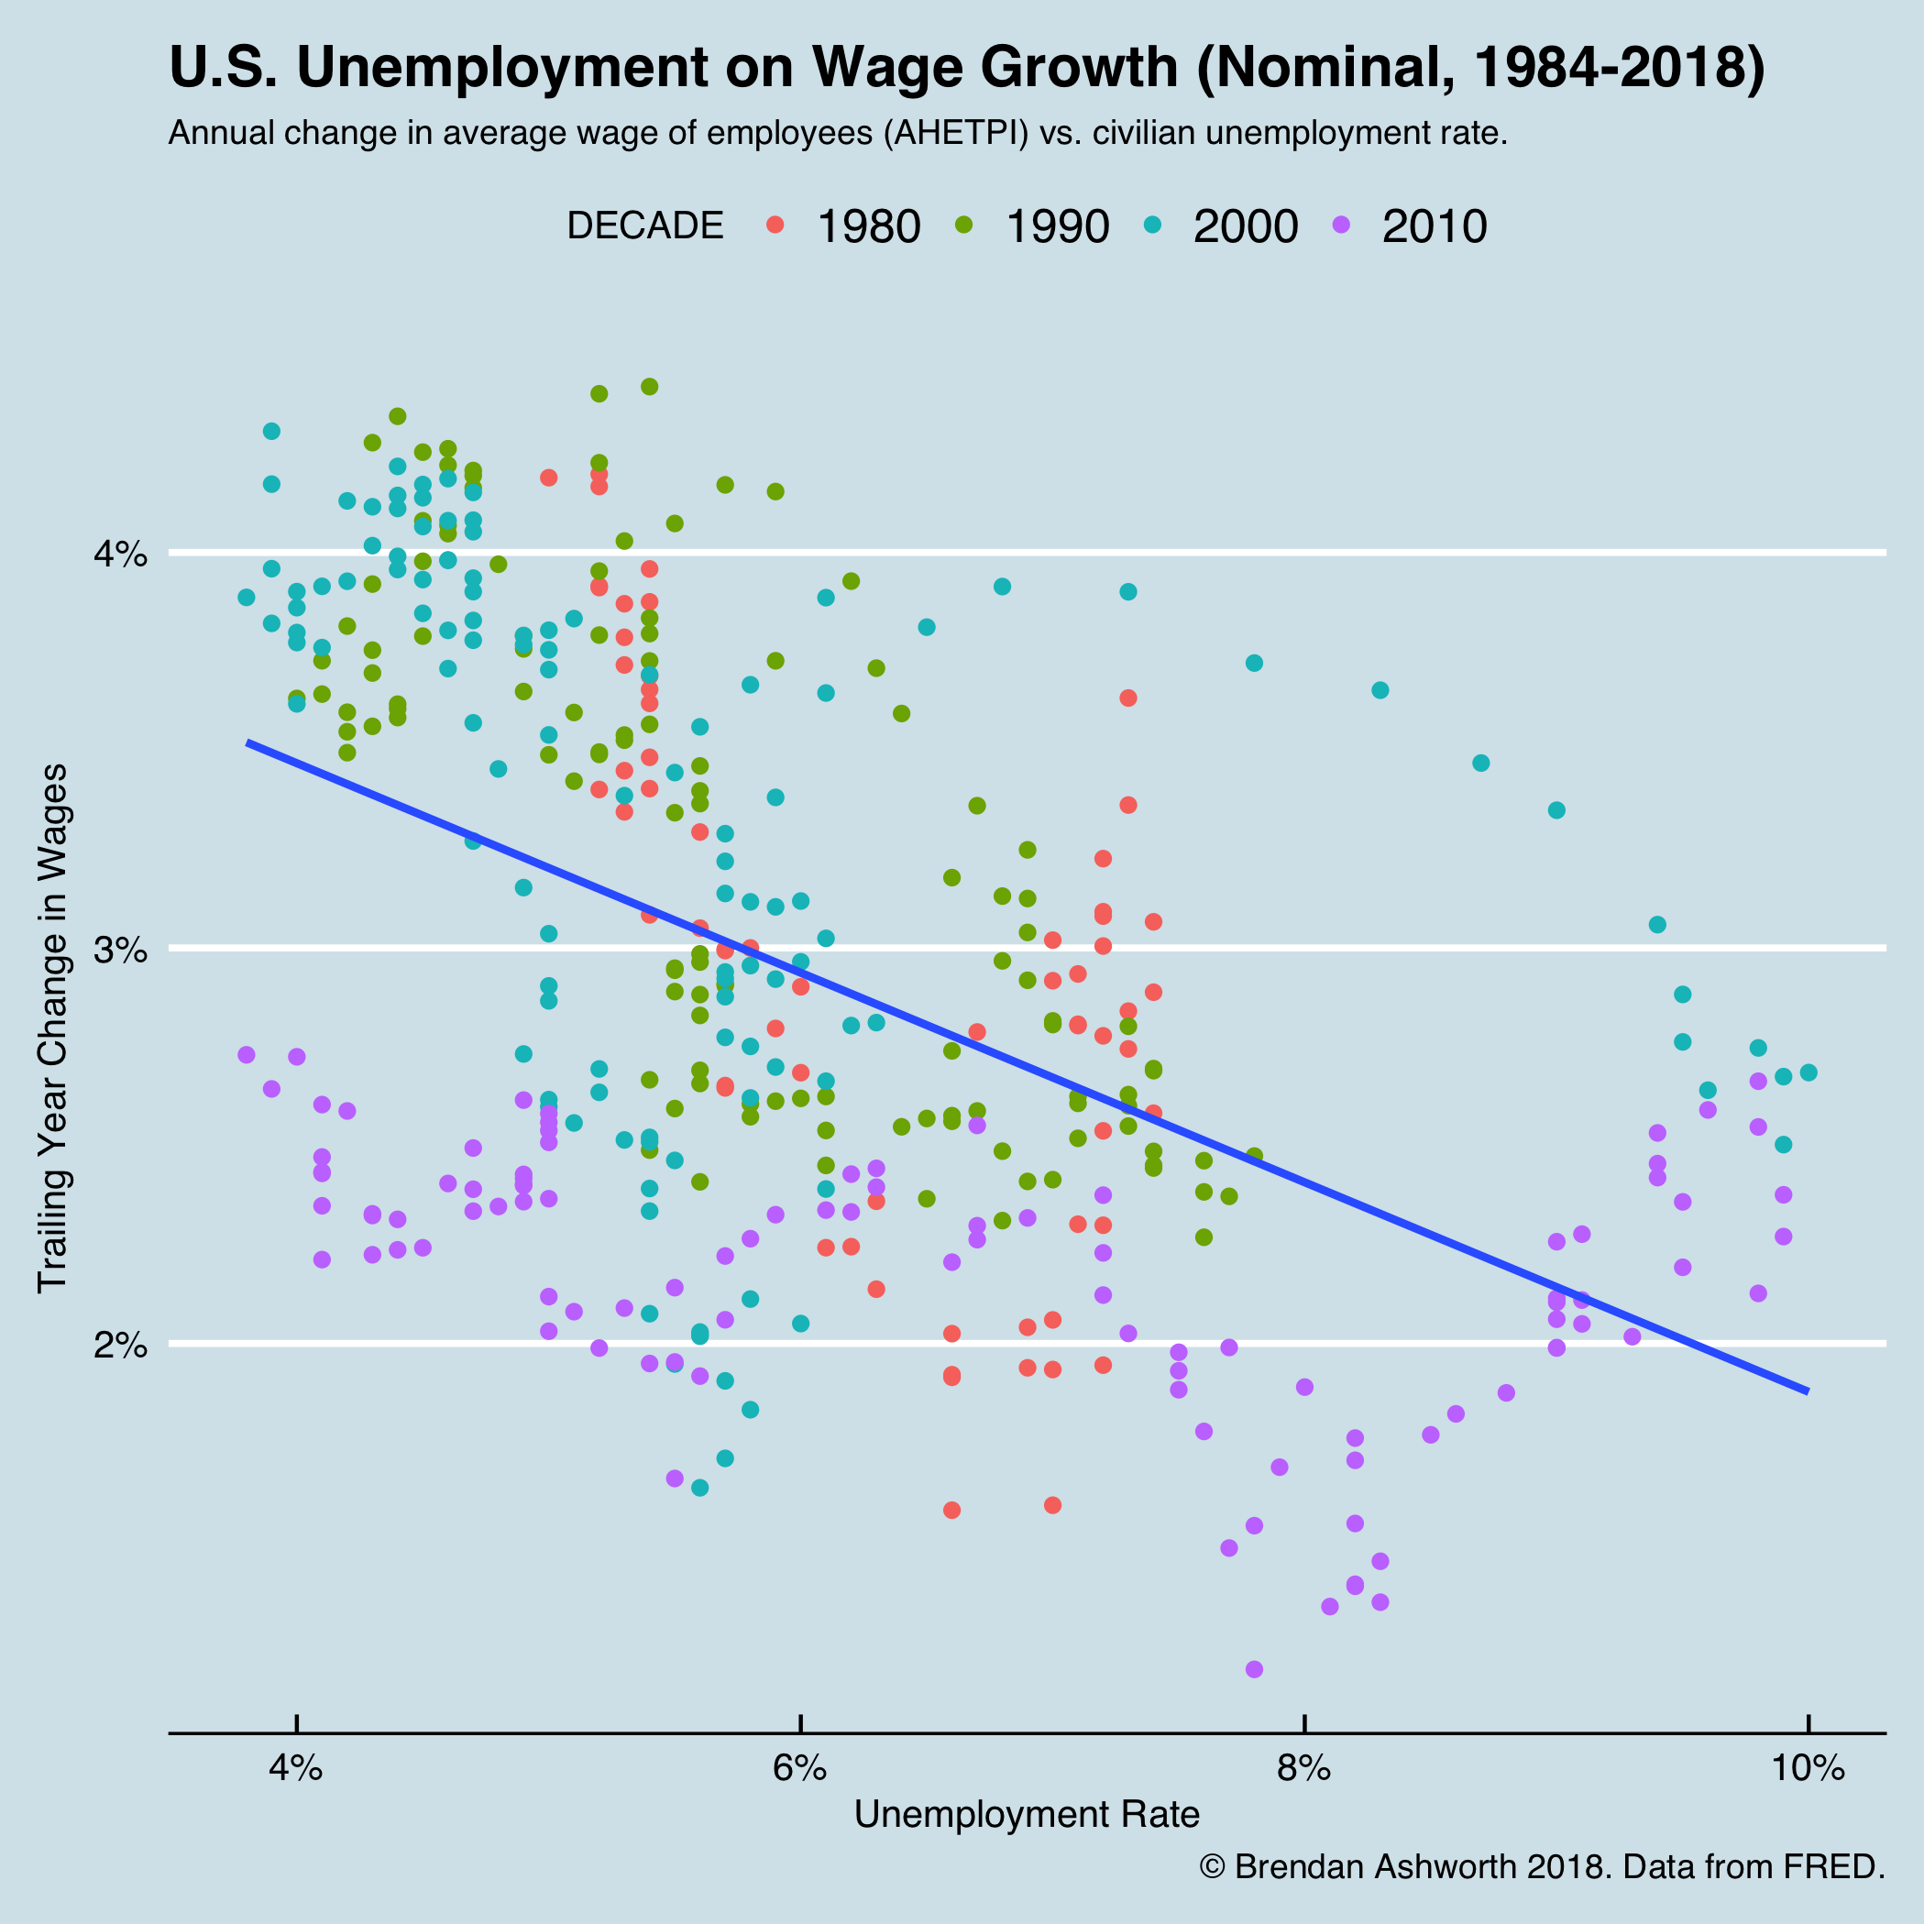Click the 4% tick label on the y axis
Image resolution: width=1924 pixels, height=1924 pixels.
coord(120,554)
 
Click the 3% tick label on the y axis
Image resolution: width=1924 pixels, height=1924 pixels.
coord(120,949)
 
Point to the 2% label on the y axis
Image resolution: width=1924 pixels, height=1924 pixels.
coord(120,1345)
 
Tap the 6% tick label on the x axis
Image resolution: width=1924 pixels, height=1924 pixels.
coord(799,1769)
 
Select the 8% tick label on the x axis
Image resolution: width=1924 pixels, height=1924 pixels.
coord(1303,1769)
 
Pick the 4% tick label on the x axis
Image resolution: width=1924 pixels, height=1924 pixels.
coord(296,1769)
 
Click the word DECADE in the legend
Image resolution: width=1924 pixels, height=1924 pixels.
coord(644,227)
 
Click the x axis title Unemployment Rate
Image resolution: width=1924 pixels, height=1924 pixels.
coord(1027,1814)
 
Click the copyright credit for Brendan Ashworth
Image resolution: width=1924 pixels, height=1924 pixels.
coord(1542,1866)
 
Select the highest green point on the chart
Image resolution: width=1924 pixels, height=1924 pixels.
coord(649,387)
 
